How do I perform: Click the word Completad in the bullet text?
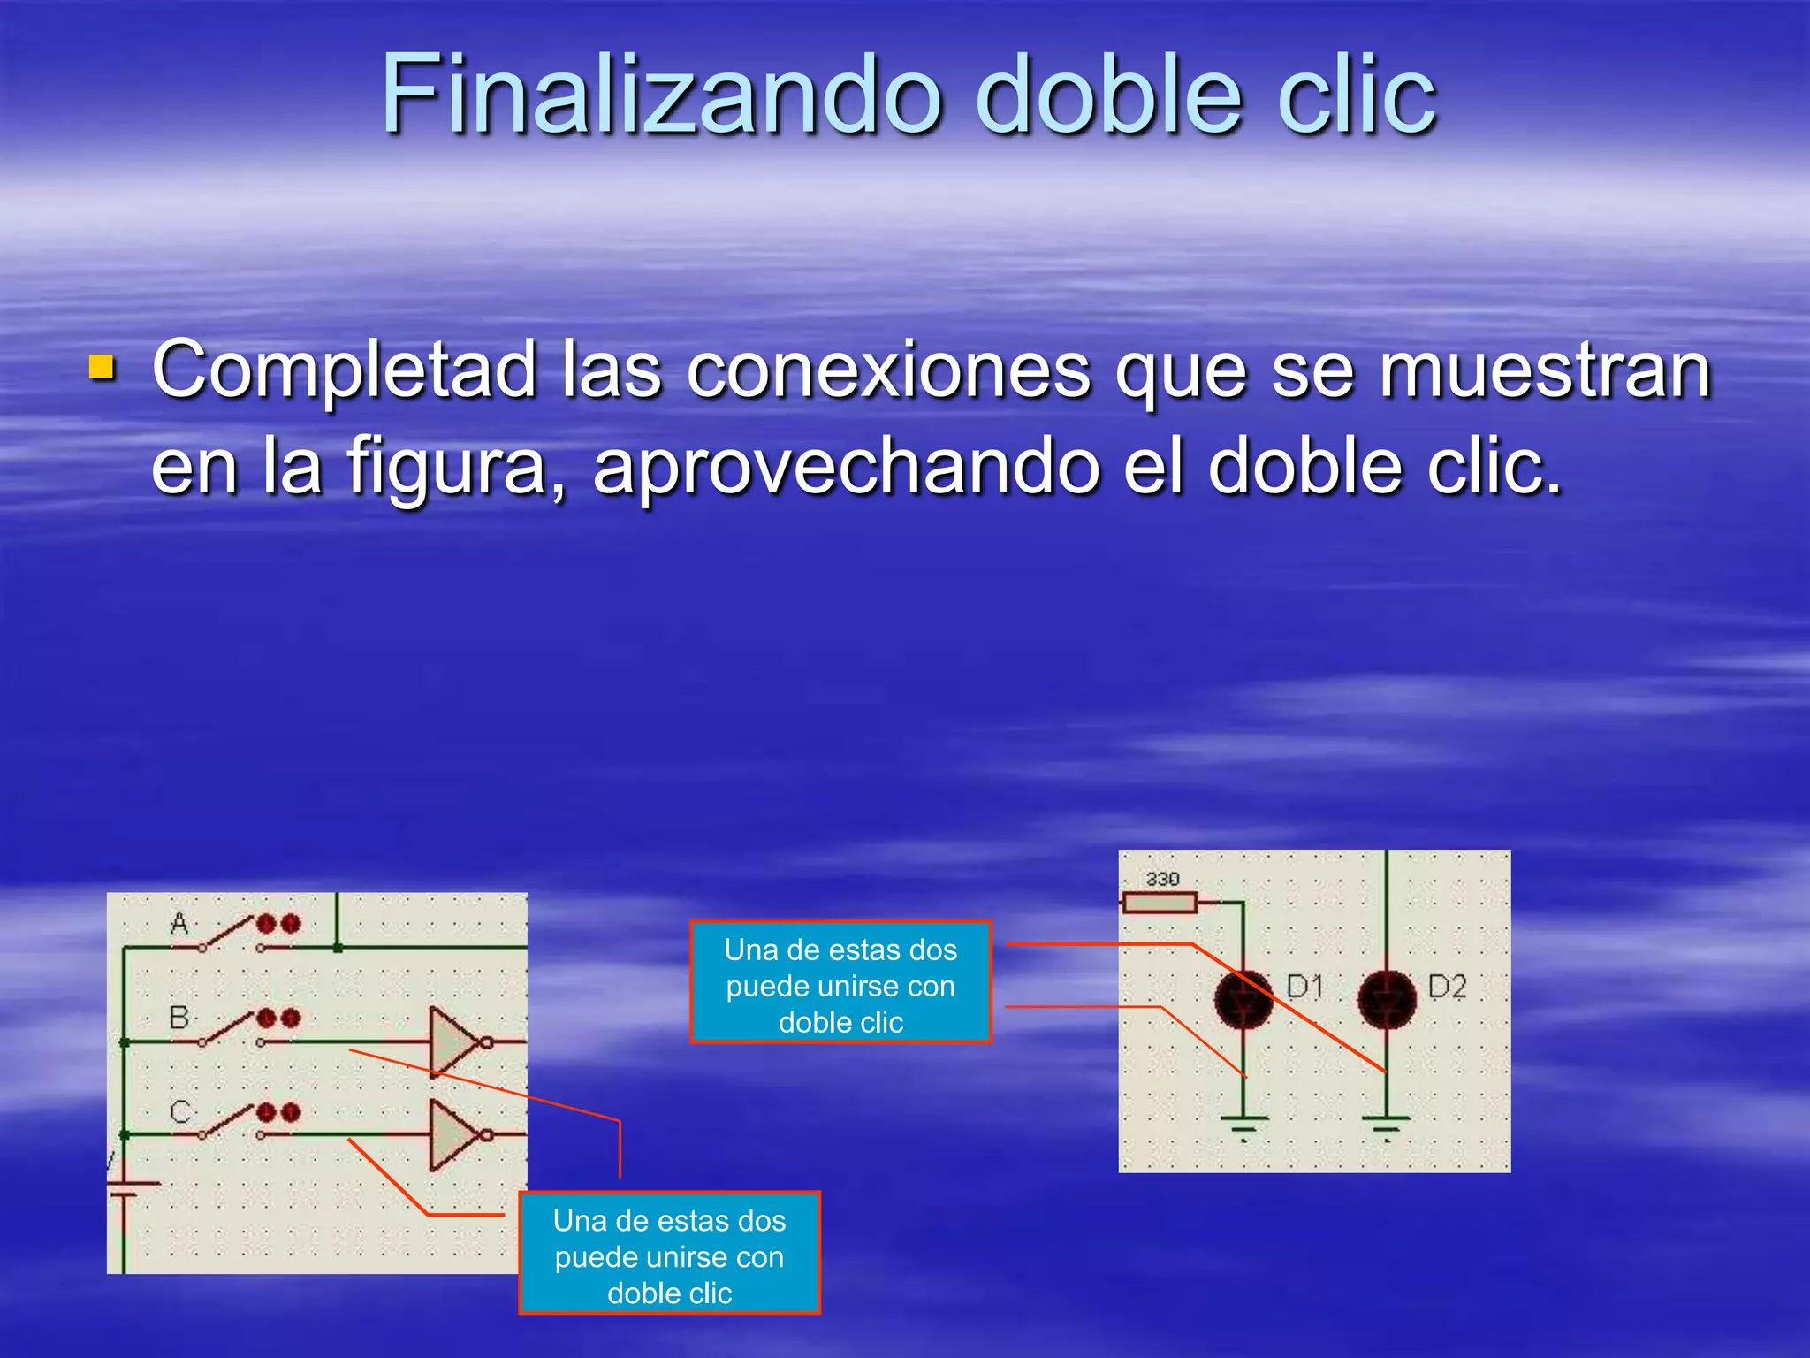(x=345, y=370)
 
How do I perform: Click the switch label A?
(x=179, y=924)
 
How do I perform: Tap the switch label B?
(x=179, y=1018)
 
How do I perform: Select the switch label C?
(x=179, y=1111)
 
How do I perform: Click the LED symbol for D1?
(x=1243, y=999)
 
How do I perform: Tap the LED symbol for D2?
(x=1386, y=999)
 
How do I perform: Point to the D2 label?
(x=1447, y=986)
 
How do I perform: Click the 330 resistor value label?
(x=1162, y=879)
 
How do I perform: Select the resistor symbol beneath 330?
(x=1160, y=903)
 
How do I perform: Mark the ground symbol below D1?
(x=1243, y=1125)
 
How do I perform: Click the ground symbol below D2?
(x=1386, y=1125)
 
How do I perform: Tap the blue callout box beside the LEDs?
(x=840, y=982)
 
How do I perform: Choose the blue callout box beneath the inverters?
(x=669, y=1253)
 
